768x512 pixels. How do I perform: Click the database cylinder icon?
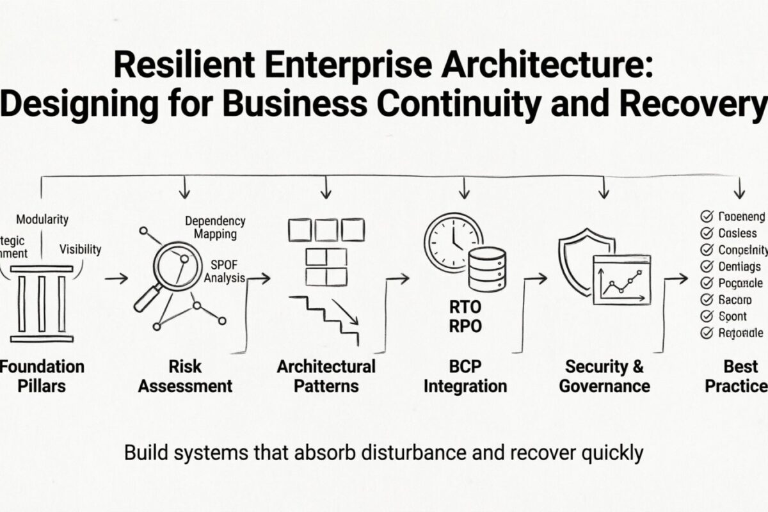click(487, 269)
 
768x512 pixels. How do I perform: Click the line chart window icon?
click(621, 279)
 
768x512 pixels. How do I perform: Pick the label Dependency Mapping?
click(215, 227)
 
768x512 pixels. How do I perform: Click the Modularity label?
click(42, 220)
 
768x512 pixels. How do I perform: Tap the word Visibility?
click(80, 249)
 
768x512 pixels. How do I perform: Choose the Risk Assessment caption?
click(186, 376)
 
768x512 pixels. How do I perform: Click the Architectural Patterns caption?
click(326, 376)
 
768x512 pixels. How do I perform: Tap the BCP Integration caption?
click(465, 376)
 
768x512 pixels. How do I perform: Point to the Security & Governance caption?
click(604, 376)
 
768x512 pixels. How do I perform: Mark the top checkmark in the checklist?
click(707, 216)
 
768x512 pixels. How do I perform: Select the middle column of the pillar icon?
click(42, 303)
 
